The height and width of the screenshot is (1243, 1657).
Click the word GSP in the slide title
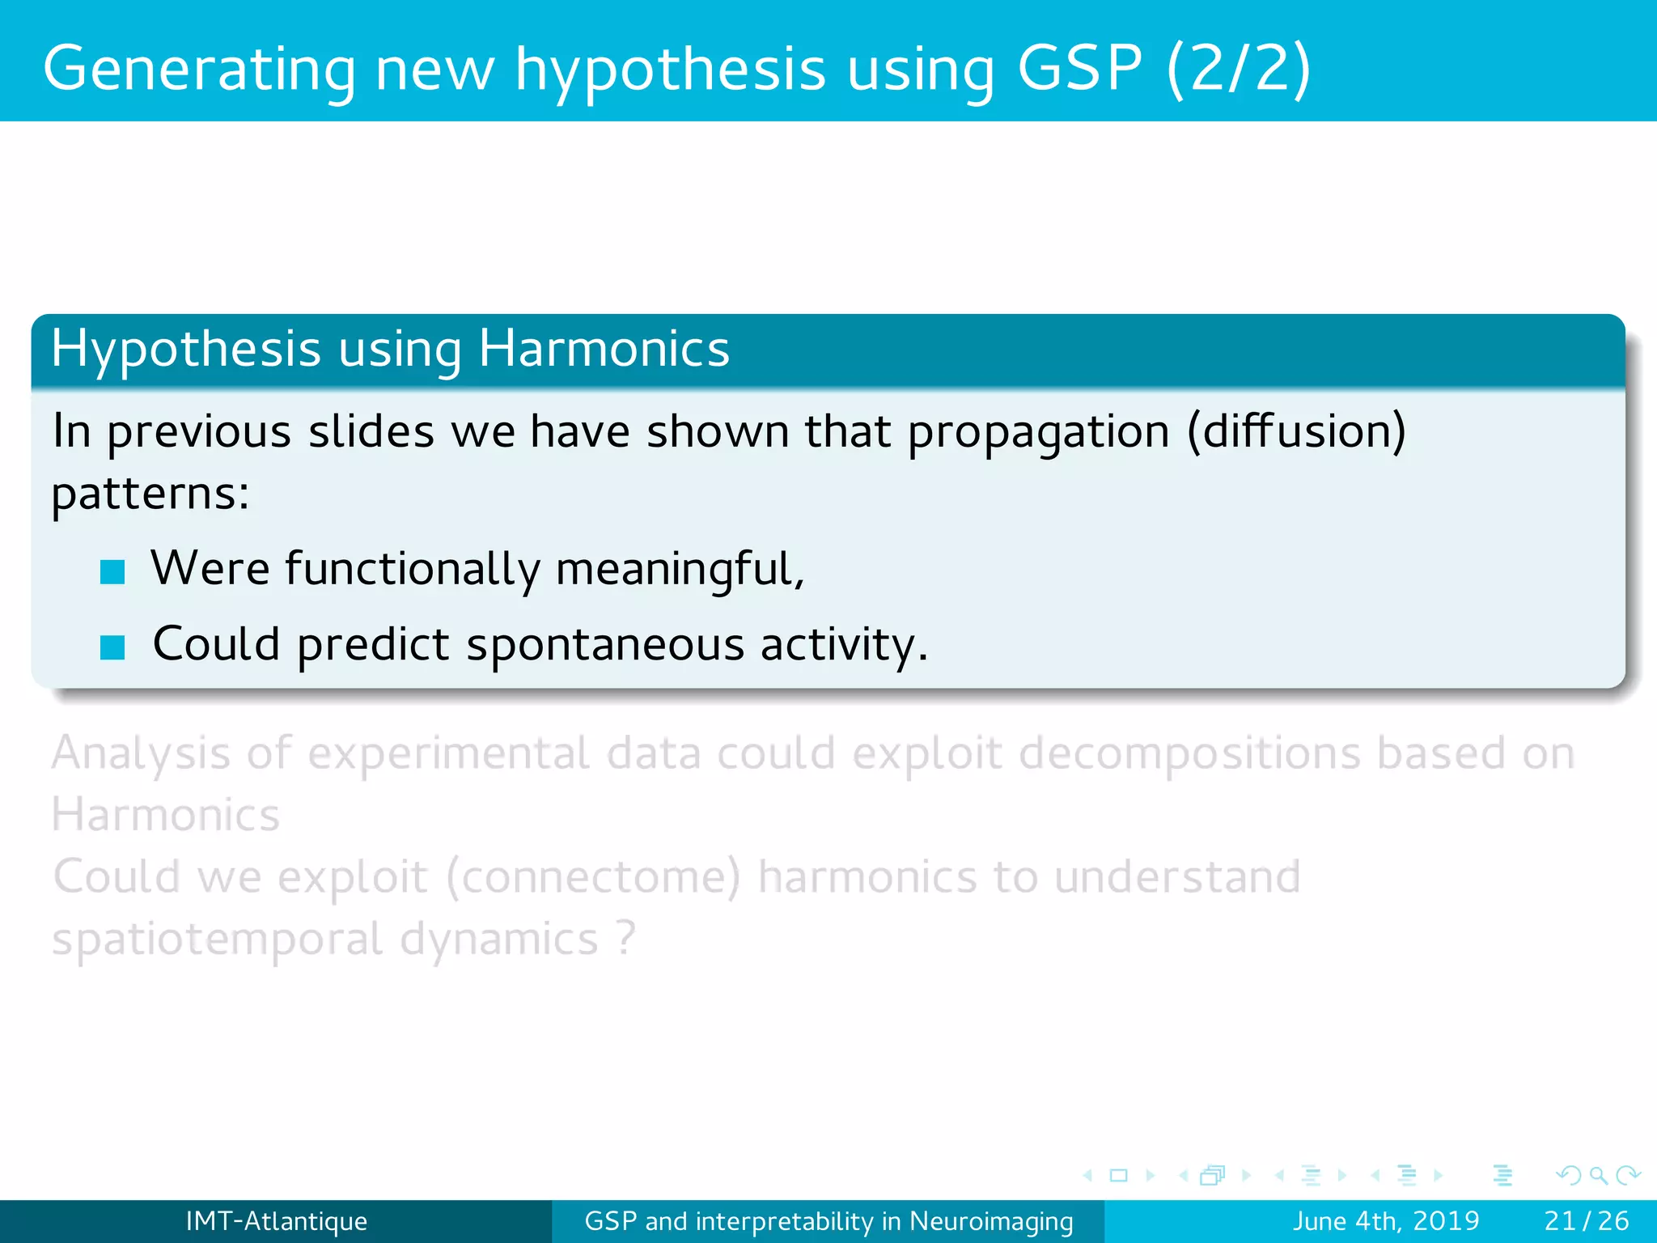(1079, 68)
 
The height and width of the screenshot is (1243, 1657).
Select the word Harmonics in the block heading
(604, 350)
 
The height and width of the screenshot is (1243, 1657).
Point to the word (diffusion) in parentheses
(1296, 431)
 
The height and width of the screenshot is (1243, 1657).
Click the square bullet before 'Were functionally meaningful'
(112, 572)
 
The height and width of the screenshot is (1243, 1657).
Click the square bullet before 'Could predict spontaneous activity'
(112, 647)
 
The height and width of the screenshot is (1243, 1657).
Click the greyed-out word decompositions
(1189, 753)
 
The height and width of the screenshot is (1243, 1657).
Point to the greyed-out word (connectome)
(593, 877)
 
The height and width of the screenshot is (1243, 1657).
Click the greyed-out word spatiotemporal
(217, 940)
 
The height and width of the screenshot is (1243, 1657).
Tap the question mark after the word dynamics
(625, 939)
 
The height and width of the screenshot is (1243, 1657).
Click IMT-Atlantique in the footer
(276, 1220)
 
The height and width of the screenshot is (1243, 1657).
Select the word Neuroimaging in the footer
(991, 1221)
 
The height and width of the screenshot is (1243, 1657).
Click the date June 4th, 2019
(1385, 1220)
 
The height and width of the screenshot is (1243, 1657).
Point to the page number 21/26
(1586, 1220)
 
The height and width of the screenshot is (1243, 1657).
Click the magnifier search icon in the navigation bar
(1598, 1175)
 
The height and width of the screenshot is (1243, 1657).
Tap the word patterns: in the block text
(150, 494)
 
